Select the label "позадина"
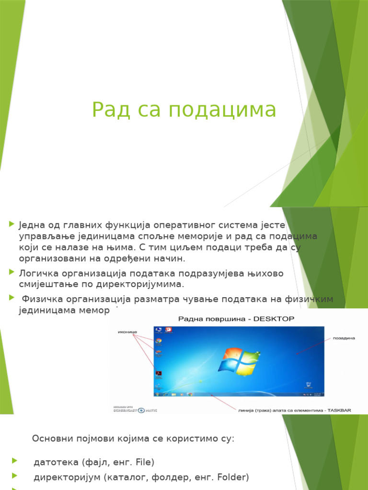[344, 338]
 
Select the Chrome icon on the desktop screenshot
[158, 341]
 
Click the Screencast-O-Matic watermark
[134, 409]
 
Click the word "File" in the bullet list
[145, 462]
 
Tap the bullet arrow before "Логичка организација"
[11, 272]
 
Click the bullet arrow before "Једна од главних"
[11, 224]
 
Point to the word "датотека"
[56, 462]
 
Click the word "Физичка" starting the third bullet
[41, 299]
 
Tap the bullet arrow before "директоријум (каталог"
[14, 476]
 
